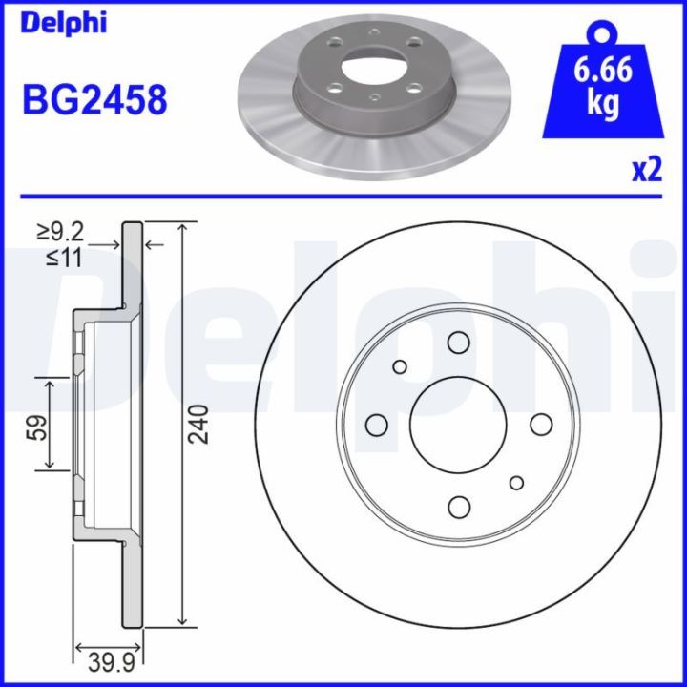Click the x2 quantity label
point(646,170)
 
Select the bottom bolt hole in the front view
point(459,506)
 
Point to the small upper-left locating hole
point(400,366)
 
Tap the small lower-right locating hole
point(517,482)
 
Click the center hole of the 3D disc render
point(366,70)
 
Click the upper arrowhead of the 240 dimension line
point(182,228)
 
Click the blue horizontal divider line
point(343,198)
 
